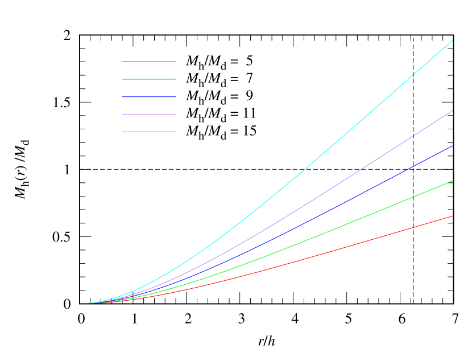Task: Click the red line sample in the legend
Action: point(149,62)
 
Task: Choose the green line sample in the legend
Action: point(149,79)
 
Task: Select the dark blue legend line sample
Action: point(149,97)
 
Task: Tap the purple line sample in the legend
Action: point(149,114)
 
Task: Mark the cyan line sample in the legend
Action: point(149,132)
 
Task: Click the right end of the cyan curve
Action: point(453,40)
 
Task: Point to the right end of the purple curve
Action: point(453,111)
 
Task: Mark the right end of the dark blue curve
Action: point(453,146)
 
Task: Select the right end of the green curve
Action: point(453,181)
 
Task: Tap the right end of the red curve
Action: point(453,216)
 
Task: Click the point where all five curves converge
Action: point(88,303)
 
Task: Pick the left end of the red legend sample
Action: point(123,62)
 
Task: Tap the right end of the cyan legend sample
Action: point(176,132)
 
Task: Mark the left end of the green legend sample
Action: point(123,79)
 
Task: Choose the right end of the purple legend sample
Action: point(176,114)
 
